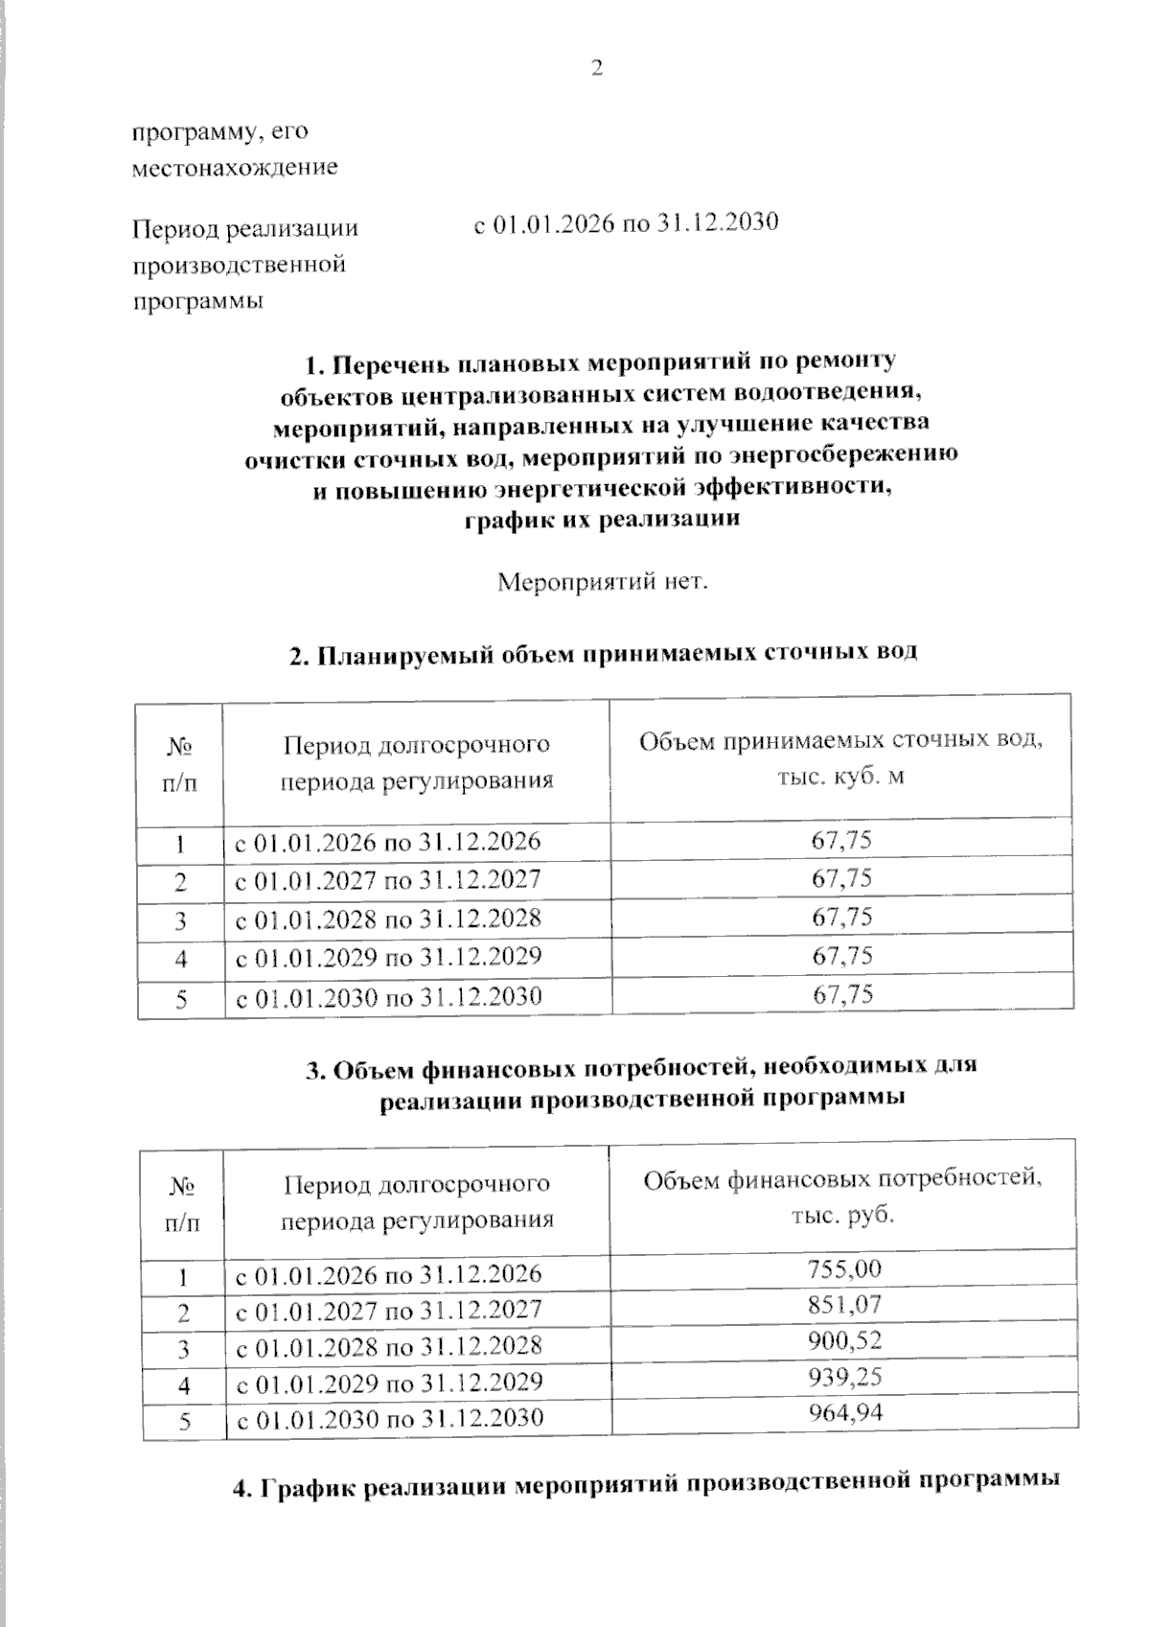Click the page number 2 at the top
pos(596,69)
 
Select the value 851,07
pos(843,1305)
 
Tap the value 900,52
pos(843,1340)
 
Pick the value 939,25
pos(843,1377)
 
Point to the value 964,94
pos(843,1412)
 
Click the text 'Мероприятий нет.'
pos(603,582)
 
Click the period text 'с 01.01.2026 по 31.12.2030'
pos(626,223)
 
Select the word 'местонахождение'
pos(235,168)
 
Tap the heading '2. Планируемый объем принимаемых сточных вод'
pos(603,654)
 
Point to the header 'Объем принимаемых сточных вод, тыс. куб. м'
pos(840,758)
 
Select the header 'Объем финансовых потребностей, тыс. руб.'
pos(841,1196)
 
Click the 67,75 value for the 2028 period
pos(841,918)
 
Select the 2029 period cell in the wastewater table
pos(388,957)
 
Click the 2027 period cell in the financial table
pos(388,1310)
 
